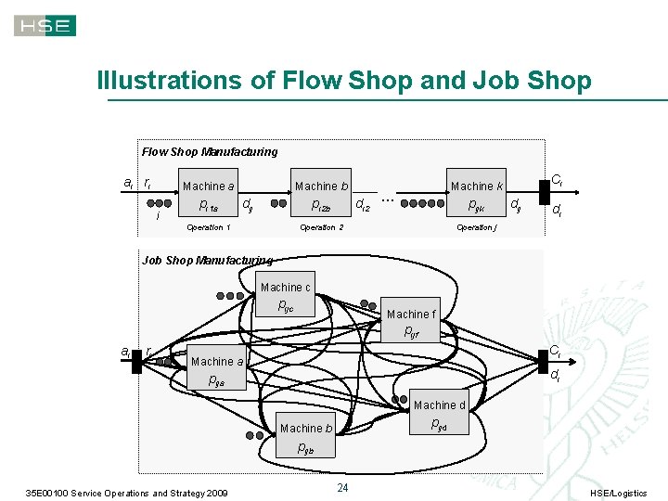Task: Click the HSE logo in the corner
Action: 45,25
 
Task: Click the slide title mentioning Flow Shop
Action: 344,81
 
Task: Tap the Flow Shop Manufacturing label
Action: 210,151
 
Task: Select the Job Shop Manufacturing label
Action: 207,261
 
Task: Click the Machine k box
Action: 477,196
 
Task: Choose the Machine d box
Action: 440,415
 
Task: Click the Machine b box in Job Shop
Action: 306,428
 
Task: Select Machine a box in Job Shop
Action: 217,370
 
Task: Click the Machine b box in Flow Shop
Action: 322,196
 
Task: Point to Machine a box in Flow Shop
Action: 209,196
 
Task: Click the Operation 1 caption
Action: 209,227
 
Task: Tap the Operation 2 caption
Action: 321,227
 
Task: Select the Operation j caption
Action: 477,227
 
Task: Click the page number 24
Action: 342,488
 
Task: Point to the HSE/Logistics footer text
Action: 619,493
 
